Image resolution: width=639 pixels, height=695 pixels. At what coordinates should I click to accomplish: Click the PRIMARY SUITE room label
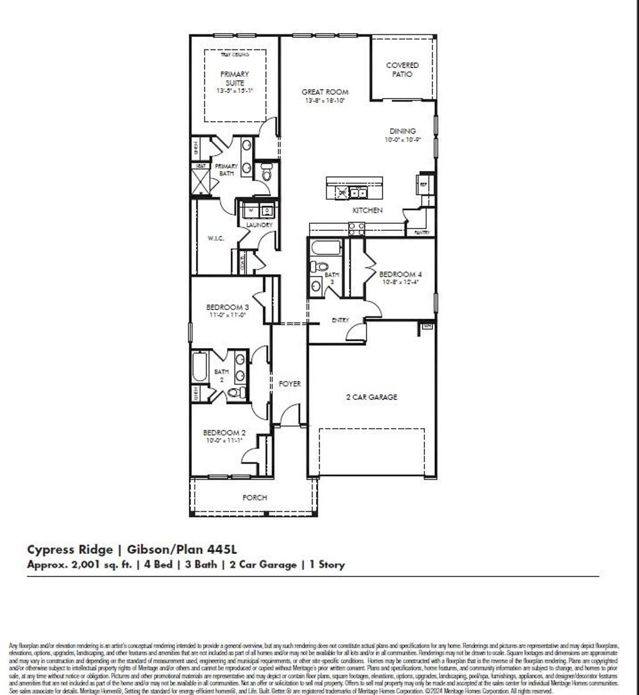click(x=234, y=78)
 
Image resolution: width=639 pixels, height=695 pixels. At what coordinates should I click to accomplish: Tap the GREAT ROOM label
click(x=324, y=92)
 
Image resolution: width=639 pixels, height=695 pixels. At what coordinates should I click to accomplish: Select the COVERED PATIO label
click(x=402, y=69)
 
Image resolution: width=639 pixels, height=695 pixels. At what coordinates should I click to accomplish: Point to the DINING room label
click(x=402, y=131)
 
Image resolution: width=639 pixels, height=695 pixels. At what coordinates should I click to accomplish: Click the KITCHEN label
click(x=368, y=211)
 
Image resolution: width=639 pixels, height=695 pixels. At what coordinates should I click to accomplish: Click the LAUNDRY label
click(x=258, y=225)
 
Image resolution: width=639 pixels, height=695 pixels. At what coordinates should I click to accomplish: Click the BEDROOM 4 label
click(x=400, y=274)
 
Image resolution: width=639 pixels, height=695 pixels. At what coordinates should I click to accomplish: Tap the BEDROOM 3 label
click(x=228, y=307)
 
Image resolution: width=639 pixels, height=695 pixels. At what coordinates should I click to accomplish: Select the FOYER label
click(x=290, y=384)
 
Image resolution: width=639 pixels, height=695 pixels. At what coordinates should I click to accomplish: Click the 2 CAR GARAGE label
click(x=372, y=397)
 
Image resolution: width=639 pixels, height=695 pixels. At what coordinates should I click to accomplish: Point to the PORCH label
click(x=255, y=497)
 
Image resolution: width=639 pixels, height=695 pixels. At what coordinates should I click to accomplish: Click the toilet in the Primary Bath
click(x=266, y=172)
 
